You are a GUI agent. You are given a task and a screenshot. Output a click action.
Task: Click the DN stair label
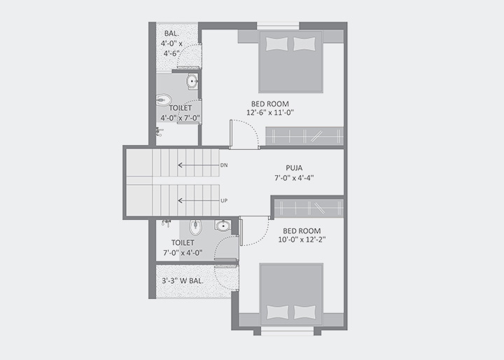224,165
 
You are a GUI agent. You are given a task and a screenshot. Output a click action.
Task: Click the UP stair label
224,200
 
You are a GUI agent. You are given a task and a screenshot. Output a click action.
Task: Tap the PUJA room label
294,168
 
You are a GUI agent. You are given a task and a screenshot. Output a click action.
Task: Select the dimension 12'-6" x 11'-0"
270,113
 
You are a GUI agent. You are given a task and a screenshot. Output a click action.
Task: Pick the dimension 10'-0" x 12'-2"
302,240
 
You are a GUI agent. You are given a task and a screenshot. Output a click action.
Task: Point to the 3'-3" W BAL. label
183,281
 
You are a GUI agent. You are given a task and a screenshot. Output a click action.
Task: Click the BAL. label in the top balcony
171,33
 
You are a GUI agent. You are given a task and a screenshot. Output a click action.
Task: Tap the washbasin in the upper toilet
192,81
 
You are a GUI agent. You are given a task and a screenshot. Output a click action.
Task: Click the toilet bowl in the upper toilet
164,100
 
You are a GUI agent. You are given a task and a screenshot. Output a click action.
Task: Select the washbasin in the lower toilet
223,226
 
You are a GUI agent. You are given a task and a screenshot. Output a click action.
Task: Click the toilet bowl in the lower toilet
195,228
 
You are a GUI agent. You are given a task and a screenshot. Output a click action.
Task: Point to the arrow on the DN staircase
199,165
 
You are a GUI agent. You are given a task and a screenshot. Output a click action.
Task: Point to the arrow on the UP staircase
199,201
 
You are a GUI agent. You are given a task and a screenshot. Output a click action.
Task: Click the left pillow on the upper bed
276,43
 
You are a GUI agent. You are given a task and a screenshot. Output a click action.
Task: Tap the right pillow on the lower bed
305,312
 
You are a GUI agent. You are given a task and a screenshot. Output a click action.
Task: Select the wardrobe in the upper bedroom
304,137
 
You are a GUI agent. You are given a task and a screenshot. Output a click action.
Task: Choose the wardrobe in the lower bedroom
309,209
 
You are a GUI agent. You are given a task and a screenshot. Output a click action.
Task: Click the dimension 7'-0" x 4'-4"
294,178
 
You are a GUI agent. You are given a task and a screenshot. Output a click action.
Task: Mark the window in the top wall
278,26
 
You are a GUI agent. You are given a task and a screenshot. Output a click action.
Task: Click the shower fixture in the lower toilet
166,223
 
